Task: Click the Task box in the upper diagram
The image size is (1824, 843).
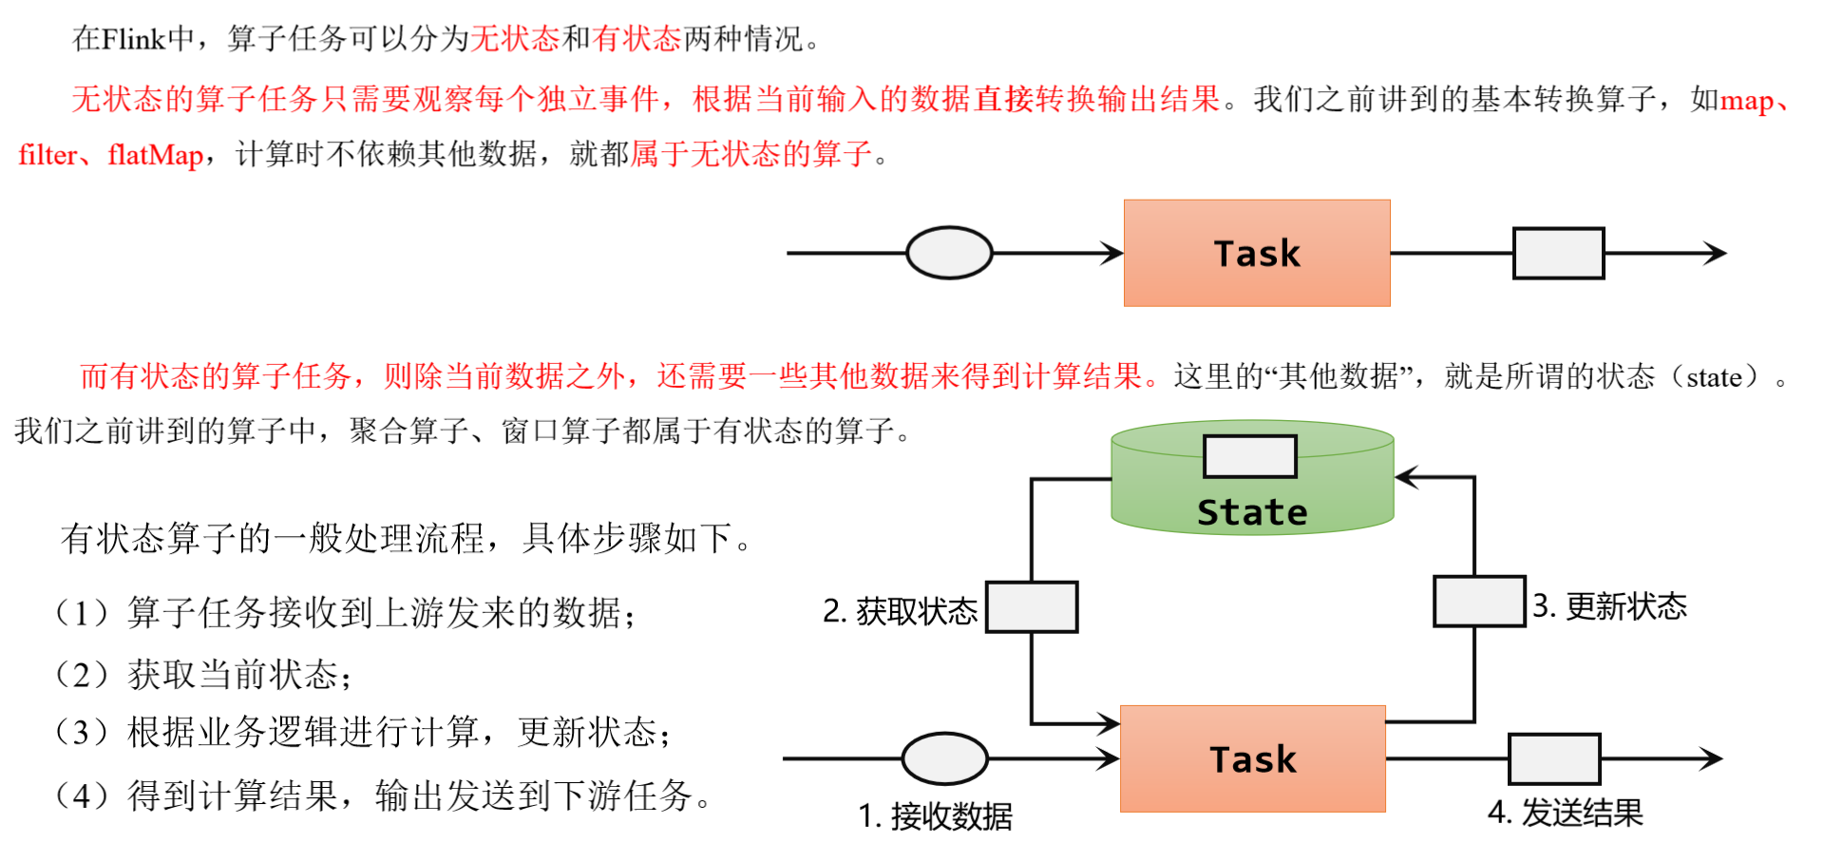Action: [1256, 253]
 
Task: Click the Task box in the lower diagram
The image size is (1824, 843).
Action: [1252, 758]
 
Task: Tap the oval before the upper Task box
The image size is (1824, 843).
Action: [949, 253]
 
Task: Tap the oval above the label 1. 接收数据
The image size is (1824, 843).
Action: [944, 758]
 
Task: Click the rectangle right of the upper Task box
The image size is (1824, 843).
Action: [1558, 253]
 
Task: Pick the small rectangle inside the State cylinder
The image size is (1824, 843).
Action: [1249, 456]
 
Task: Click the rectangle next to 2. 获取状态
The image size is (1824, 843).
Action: [1032, 607]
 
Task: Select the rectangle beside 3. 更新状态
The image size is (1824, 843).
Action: [1479, 602]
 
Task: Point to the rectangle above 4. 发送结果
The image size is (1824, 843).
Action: [1554, 758]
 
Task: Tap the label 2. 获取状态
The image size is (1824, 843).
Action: [900, 611]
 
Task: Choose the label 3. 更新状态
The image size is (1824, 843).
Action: [1610, 606]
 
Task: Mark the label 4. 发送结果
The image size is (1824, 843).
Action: [1565, 813]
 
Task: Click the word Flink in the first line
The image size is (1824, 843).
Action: [133, 39]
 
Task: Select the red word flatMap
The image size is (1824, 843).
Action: [156, 155]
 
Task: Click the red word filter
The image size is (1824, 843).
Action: [47, 155]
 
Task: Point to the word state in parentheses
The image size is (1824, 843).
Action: [1714, 377]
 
